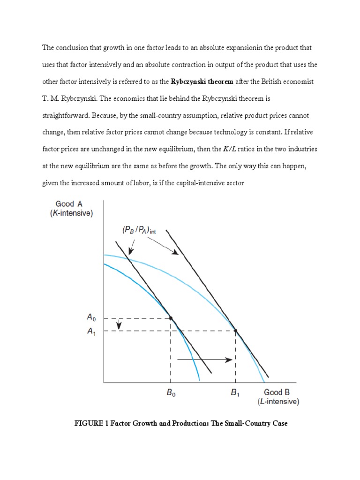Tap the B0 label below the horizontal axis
[x=171, y=394]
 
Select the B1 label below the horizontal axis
[x=235, y=394]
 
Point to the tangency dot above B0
[x=171, y=318]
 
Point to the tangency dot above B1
[x=235, y=331]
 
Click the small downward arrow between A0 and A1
[x=120, y=324]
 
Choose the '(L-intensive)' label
[x=278, y=402]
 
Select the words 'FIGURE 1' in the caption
[x=91, y=424]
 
